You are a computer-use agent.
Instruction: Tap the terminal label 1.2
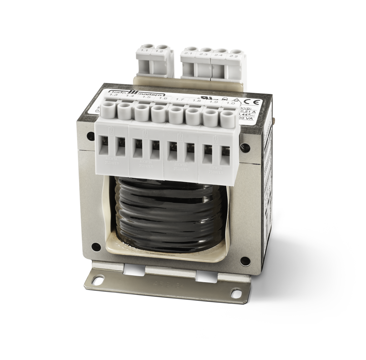click(160, 52)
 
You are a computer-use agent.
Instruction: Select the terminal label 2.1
click(189, 54)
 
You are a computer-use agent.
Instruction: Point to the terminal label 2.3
click(204, 55)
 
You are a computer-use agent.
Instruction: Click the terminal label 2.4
click(219, 55)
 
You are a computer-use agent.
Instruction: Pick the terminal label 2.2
click(234, 56)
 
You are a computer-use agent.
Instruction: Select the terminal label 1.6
click(163, 98)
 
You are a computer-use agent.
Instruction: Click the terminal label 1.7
click(180, 100)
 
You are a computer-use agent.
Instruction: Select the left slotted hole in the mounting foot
click(98, 281)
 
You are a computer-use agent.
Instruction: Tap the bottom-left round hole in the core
click(96, 246)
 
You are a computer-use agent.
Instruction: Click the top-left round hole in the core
click(89, 136)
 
